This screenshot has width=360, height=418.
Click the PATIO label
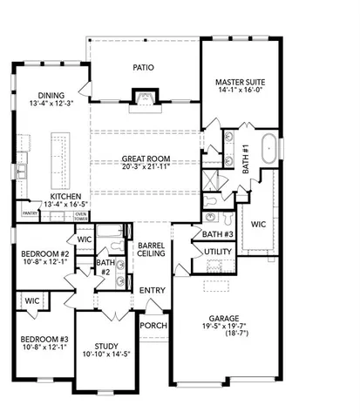coord(143,66)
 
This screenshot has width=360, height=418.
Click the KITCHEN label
coord(65,197)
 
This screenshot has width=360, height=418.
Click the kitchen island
coord(61,155)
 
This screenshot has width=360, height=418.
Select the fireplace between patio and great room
coord(143,97)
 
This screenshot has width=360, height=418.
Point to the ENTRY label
coord(152,290)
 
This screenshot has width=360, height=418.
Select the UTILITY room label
coord(217,252)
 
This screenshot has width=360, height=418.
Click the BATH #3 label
coord(217,233)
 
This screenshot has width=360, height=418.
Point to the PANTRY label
coord(29,212)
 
